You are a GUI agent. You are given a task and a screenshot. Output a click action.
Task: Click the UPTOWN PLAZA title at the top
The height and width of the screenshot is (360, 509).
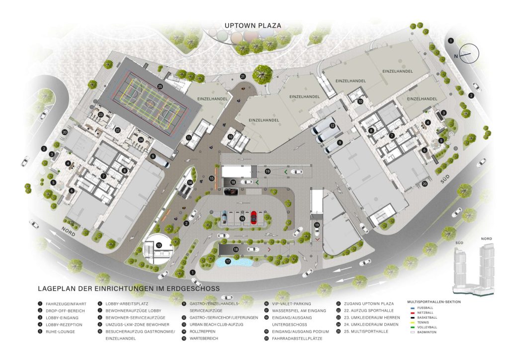253,25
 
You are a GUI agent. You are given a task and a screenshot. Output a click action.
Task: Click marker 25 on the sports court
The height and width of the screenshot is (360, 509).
160,86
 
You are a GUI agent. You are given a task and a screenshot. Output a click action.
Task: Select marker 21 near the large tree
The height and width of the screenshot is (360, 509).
243,76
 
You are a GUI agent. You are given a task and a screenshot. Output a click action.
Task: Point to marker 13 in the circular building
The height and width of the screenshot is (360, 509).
159,245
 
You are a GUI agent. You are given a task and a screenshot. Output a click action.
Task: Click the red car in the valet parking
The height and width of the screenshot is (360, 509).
254,217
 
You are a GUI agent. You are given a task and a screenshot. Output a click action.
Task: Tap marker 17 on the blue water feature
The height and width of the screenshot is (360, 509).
228,261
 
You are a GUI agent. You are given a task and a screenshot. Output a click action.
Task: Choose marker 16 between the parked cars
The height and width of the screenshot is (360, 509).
242,218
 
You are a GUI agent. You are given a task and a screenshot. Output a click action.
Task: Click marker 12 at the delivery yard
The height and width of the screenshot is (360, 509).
332,126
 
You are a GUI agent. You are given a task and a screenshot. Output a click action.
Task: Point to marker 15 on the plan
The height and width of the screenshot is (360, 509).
212,178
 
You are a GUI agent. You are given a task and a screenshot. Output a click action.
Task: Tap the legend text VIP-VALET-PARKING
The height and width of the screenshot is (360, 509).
291,303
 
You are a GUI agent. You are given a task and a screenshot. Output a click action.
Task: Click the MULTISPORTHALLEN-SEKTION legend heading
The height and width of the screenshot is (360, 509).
433,301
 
